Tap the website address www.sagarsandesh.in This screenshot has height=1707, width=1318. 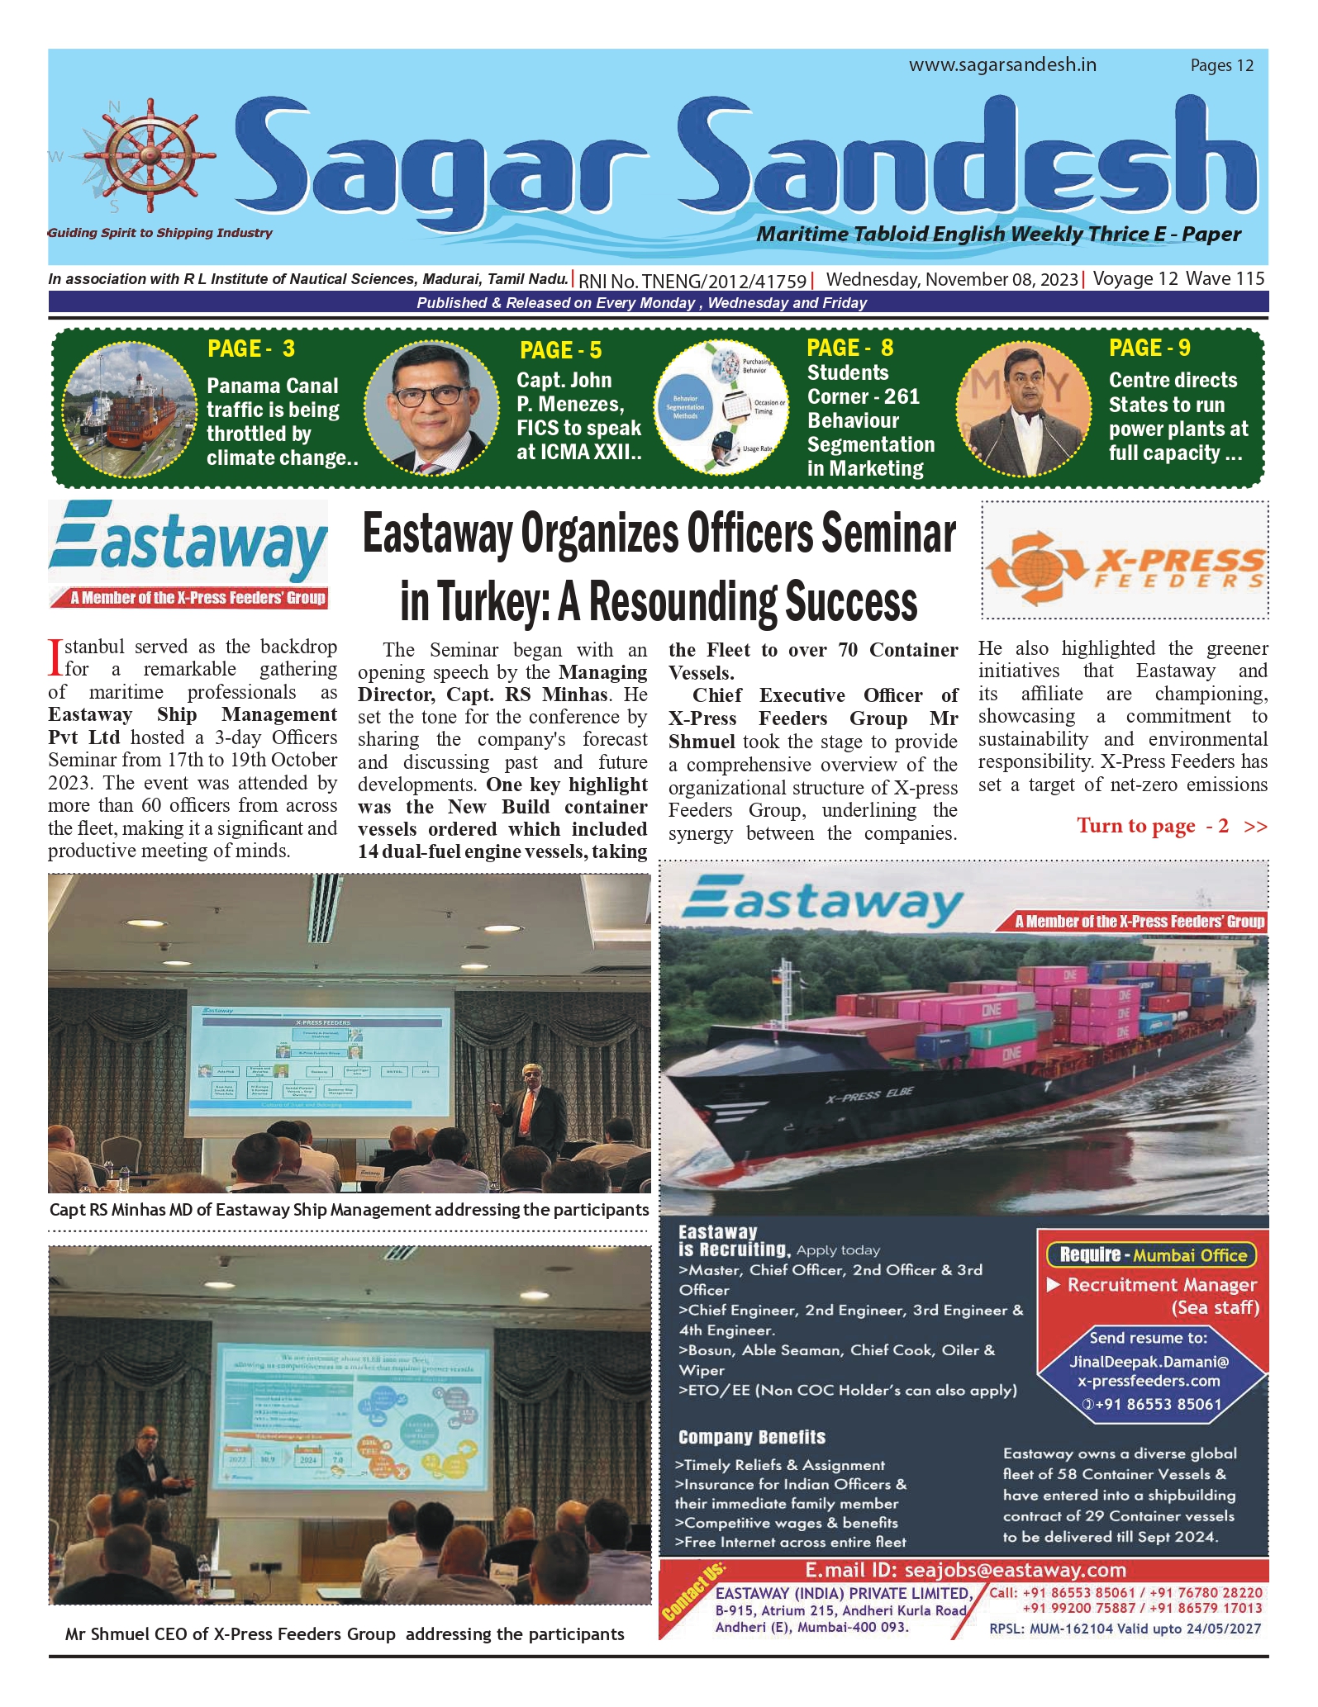pos(1002,65)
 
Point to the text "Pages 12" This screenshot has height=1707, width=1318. pos(1221,66)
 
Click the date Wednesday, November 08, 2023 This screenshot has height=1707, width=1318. pos(952,280)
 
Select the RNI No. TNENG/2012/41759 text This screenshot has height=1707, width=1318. pos(692,282)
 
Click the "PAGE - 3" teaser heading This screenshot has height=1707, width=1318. pos(251,349)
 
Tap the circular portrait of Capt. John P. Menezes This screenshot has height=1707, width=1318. pos(431,407)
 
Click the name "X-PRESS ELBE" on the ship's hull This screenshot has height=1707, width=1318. pos(869,1095)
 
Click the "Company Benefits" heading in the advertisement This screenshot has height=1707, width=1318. pos(751,1438)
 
